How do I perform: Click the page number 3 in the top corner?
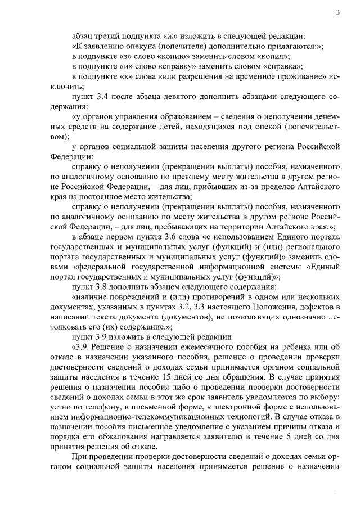(x=338, y=12)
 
